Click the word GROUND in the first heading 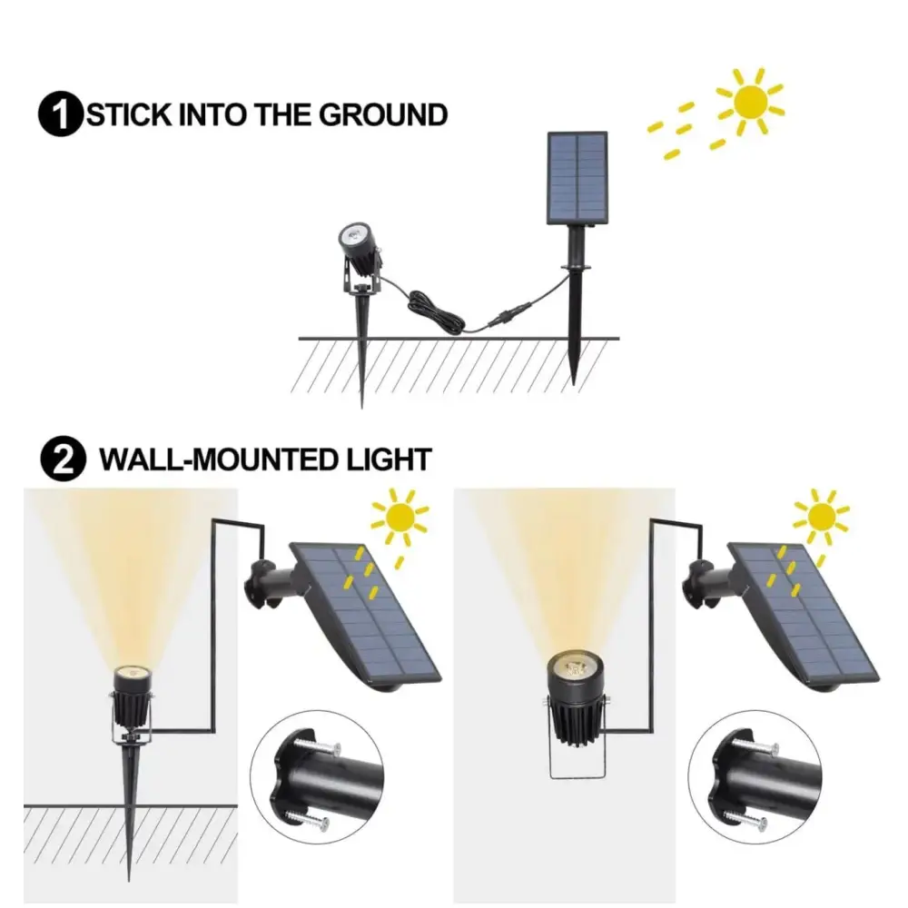click(x=383, y=114)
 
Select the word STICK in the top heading click(x=129, y=114)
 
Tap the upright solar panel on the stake click(x=577, y=178)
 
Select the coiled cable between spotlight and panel click(x=436, y=310)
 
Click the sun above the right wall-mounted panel click(x=821, y=516)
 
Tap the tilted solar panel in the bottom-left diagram click(x=366, y=614)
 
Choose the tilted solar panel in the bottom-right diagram click(x=804, y=614)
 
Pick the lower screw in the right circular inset click(x=747, y=818)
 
